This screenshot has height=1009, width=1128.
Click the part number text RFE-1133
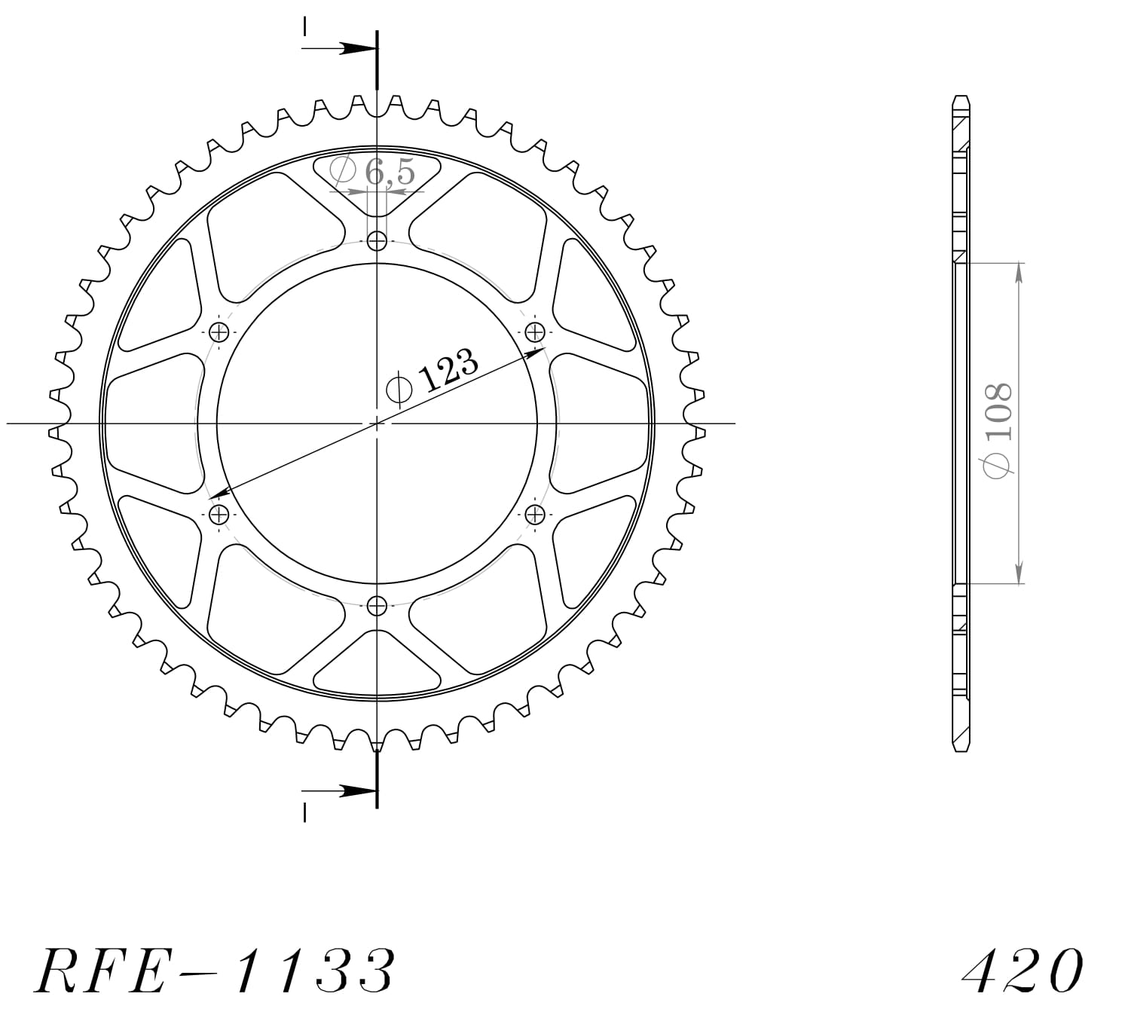pos(215,970)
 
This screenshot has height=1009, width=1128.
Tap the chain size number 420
pos(1023,970)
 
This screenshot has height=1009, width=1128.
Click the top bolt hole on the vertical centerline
pos(377,242)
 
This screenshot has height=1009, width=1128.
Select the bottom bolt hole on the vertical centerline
pos(377,605)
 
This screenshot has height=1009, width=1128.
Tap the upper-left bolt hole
pos(219,332)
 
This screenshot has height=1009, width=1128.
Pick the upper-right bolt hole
pos(534,332)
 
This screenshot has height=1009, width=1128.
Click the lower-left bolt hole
pos(219,515)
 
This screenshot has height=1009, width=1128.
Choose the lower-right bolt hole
pos(534,515)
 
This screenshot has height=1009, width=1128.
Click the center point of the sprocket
pos(377,423)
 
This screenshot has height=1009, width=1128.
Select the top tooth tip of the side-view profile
pos(961,99)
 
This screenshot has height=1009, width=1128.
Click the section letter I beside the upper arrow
pos(304,27)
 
